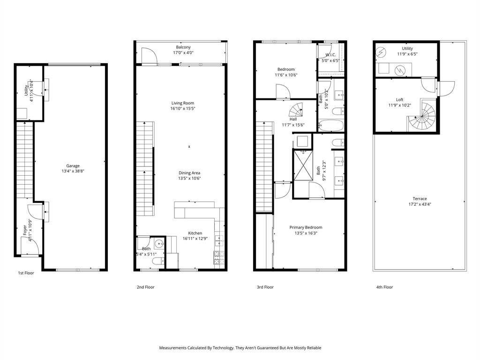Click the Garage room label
pyautogui.click(x=73, y=166)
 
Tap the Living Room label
pyautogui.click(x=183, y=103)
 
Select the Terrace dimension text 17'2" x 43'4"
pyautogui.click(x=420, y=204)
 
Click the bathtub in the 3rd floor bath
pyautogui.click(x=331, y=125)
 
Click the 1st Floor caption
pyautogui.click(x=26, y=273)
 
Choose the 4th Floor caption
pyautogui.click(x=384, y=287)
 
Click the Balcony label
pyautogui.click(x=183, y=47)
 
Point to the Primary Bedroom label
pyautogui.click(x=306, y=227)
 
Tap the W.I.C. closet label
pyautogui.click(x=330, y=55)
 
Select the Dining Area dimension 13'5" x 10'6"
pyautogui.click(x=189, y=178)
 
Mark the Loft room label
pyautogui.click(x=400, y=100)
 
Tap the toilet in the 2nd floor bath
pyautogui.click(x=158, y=262)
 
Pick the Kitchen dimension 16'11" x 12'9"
pyautogui.click(x=195, y=239)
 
